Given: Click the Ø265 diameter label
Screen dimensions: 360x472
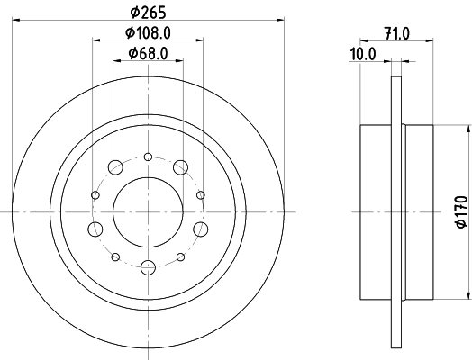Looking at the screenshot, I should (x=148, y=12).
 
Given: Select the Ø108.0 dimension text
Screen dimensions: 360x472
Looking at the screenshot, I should (x=148, y=33).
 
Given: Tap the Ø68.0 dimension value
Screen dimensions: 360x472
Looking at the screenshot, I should (x=148, y=53).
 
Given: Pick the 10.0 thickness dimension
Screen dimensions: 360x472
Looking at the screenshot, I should (x=362, y=53).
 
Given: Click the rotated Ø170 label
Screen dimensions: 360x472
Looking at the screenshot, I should (x=458, y=211).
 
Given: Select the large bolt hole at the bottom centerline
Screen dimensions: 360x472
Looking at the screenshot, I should (x=148, y=266).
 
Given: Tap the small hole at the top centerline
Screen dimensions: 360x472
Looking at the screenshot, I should (x=148, y=155).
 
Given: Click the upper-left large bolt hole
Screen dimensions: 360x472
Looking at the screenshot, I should (x=115, y=166).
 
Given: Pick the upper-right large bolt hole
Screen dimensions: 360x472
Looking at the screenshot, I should (x=181, y=166).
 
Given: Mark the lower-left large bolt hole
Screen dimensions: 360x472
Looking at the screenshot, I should (x=95, y=228).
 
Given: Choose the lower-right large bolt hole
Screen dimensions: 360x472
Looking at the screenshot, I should (x=201, y=228).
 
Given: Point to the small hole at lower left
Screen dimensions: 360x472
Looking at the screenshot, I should (x=115, y=256).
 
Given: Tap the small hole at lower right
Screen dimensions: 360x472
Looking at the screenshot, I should (x=181, y=256).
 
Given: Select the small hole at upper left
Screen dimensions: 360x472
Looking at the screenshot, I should (x=95, y=193).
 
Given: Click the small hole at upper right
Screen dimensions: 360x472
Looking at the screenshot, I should (x=201, y=193).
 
